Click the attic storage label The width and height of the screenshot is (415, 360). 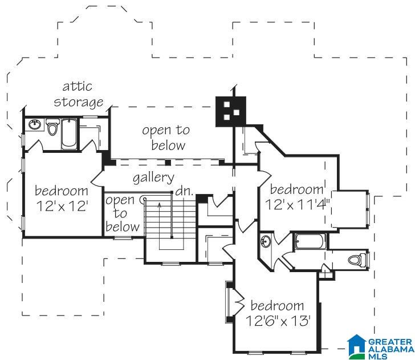[78, 95]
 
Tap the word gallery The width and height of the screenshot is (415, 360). [153, 177]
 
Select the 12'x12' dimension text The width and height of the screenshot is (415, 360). [62, 206]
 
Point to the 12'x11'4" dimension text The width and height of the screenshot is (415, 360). [297, 204]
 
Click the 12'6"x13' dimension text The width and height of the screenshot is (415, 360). [278, 321]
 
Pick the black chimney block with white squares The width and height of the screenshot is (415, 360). [231, 111]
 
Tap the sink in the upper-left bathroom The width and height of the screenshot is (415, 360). [35, 124]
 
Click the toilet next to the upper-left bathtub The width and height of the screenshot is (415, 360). [52, 127]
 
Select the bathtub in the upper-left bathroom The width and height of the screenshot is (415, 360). [69, 134]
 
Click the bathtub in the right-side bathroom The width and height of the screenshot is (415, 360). [310, 241]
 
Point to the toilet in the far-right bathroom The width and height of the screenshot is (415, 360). [357, 260]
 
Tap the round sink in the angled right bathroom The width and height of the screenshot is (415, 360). [266, 241]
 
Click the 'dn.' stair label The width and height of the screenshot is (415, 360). [185, 191]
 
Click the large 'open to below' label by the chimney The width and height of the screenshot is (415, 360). [166, 137]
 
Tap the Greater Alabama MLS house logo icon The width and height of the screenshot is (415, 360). [357, 345]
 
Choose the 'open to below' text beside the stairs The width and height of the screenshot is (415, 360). [122, 213]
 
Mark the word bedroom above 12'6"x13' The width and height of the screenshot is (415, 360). [277, 306]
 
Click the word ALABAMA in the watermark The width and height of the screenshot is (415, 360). [391, 349]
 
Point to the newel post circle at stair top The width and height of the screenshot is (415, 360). [144, 199]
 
